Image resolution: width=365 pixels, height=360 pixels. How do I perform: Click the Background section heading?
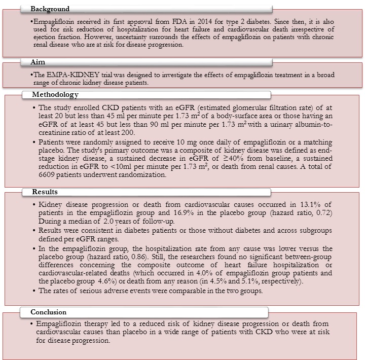(x=50, y=9)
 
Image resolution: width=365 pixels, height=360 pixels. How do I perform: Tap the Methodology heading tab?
(x=55, y=95)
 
